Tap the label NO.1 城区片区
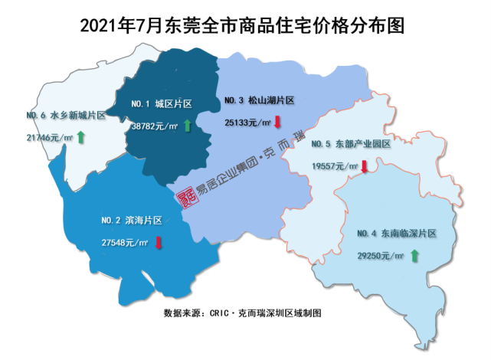click(x=162, y=102)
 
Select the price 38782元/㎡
click(x=155, y=126)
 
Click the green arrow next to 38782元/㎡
click(x=186, y=125)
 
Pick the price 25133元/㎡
click(x=247, y=122)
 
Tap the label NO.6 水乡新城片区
click(x=65, y=115)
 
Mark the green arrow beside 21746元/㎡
click(x=80, y=138)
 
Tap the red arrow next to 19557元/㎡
click(x=365, y=165)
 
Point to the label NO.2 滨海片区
click(x=131, y=221)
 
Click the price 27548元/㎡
click(x=124, y=243)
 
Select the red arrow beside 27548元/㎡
click(x=159, y=243)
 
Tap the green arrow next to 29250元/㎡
click(x=414, y=256)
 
